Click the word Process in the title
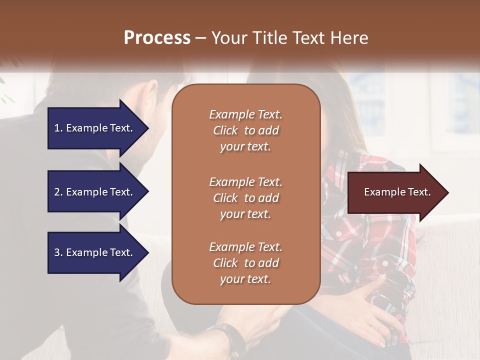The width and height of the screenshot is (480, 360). coord(157,38)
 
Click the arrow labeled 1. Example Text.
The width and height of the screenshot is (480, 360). coord(95,128)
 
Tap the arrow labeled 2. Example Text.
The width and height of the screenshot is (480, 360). coord(95,192)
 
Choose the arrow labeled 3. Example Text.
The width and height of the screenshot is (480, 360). coord(95,252)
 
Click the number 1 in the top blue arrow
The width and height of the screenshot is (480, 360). coord(57,128)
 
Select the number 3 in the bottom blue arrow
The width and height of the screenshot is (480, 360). coord(57,252)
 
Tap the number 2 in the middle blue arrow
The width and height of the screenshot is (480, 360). coord(57,192)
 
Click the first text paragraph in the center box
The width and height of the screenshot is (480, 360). coord(245,130)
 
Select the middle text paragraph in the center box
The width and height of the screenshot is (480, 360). coord(245,198)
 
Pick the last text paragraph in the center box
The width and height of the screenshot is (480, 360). coord(245,263)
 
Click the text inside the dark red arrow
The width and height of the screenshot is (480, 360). coord(397,192)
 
